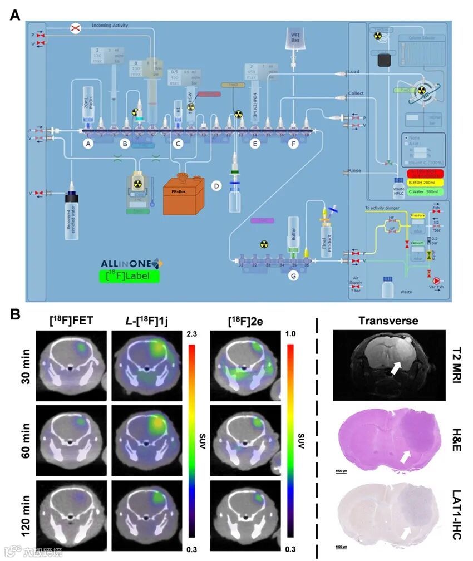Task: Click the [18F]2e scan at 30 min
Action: [243, 365]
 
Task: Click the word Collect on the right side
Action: [356, 93]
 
